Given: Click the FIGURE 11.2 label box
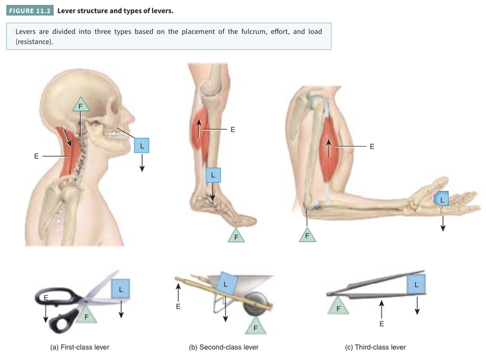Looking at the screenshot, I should pyautogui.click(x=30, y=10).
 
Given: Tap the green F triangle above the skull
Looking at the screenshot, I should pyautogui.click(x=81, y=106).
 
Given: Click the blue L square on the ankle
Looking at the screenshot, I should pyautogui.click(x=213, y=175).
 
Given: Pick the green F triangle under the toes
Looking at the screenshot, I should pyautogui.click(x=236, y=236).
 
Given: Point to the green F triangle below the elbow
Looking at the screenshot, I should pyautogui.click(x=308, y=235).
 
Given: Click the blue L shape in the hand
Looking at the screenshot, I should pyautogui.click(x=441, y=198).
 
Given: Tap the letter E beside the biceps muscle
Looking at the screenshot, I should pyautogui.click(x=372, y=147).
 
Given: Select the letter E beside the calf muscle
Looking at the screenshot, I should pyautogui.click(x=233, y=130).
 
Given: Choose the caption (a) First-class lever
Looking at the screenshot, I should pyautogui.click(x=80, y=347).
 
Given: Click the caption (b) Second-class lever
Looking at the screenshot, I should pyautogui.click(x=224, y=347).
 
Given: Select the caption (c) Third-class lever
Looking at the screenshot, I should pyautogui.click(x=375, y=347).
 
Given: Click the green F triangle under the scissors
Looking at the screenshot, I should pyautogui.click(x=86, y=315).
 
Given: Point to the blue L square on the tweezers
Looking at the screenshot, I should pyautogui.click(x=416, y=284).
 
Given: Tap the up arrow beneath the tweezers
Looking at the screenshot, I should pyautogui.click(x=381, y=309).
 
